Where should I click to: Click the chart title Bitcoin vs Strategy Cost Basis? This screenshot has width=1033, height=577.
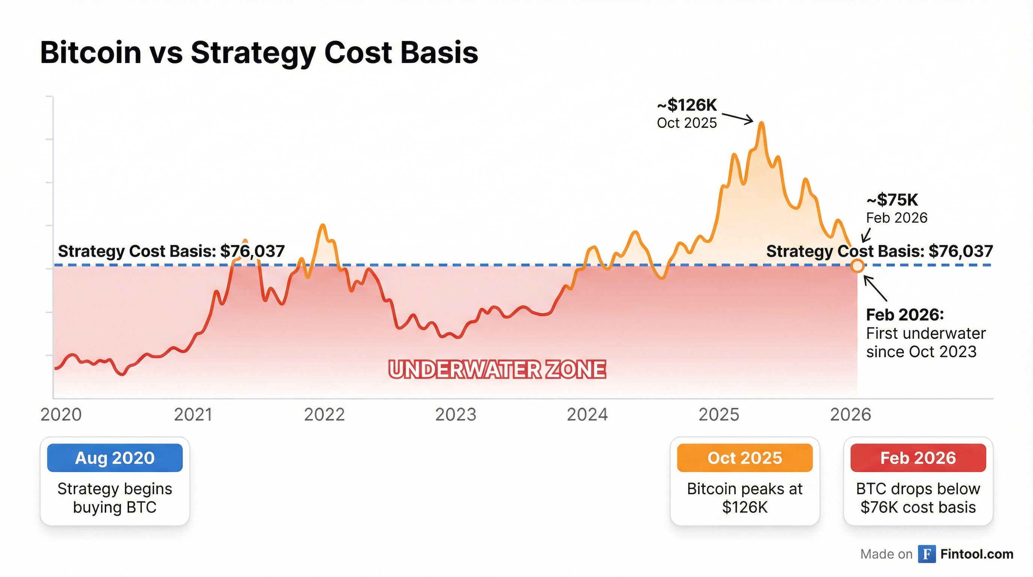point(259,53)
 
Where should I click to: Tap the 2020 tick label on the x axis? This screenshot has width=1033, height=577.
point(61,414)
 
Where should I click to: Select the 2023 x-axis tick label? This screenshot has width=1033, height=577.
point(456,414)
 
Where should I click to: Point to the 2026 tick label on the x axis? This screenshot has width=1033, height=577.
point(851,414)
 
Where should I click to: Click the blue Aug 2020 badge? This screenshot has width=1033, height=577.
point(115,458)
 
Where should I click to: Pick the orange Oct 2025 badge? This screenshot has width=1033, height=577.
point(745,458)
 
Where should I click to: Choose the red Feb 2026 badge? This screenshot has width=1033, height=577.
point(918,458)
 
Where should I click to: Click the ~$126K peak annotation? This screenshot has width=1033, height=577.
point(687,105)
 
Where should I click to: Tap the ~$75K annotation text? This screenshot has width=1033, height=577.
point(892,200)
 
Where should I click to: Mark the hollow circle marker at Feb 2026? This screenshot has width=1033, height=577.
point(857,266)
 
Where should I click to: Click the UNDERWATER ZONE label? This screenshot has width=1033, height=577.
point(497,370)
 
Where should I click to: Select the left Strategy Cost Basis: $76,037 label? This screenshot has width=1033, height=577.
point(171,251)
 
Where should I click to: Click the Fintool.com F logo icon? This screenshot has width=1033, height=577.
point(927,554)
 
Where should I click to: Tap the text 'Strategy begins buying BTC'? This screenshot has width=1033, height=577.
point(115,498)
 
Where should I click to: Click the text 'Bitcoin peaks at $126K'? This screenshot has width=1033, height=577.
point(745,498)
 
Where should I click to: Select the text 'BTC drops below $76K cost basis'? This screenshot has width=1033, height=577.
point(918,498)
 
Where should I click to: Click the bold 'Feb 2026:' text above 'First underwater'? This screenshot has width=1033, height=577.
point(905,315)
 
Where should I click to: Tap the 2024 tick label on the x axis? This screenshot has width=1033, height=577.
point(587,414)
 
